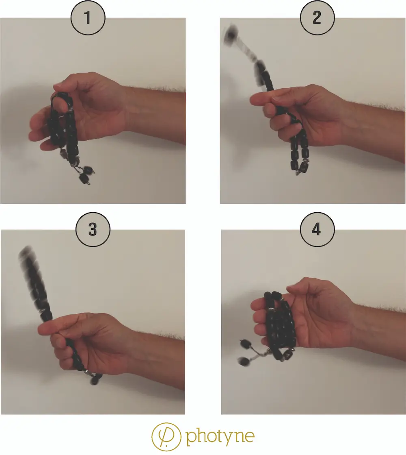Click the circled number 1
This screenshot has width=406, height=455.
pyautogui.click(x=88, y=18)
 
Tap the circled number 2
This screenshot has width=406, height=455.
pyautogui.click(x=317, y=18)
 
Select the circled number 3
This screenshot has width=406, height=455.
pyautogui.click(x=93, y=229)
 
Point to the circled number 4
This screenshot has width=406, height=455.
pyautogui.click(x=317, y=229)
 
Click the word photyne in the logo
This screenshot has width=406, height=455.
pyautogui.click(x=220, y=436)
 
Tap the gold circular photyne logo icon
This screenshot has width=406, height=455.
pyautogui.click(x=166, y=437)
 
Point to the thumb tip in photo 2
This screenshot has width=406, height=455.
pyautogui.click(x=254, y=100)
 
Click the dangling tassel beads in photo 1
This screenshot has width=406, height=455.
pyautogui.click(x=86, y=174)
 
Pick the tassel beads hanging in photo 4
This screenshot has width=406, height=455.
pyautogui.click(x=245, y=353)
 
